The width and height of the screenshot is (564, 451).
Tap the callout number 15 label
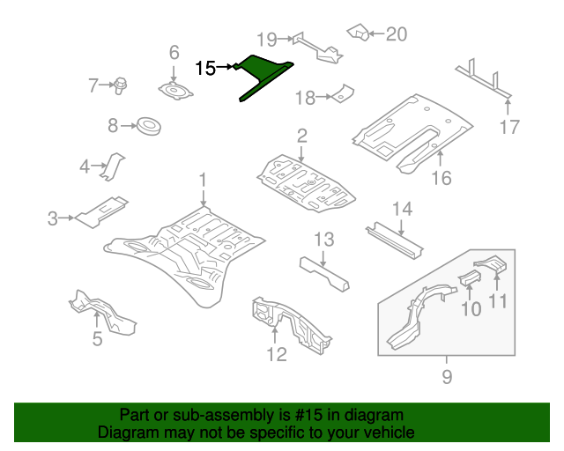tap(205, 68)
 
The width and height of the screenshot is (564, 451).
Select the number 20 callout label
tap(397, 34)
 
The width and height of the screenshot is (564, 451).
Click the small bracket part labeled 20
tap(359, 33)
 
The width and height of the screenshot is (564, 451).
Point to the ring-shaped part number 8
tap(150, 127)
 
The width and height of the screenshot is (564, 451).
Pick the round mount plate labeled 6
tap(174, 91)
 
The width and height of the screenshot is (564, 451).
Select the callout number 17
tap(509, 127)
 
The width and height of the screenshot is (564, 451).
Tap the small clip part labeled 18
tap(343, 92)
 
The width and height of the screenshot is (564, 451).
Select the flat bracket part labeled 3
tap(99, 211)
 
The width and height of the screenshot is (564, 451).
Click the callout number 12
tap(276, 354)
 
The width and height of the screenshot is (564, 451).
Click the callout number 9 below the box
tap(446, 378)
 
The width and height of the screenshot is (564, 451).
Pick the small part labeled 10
tap(470, 281)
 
